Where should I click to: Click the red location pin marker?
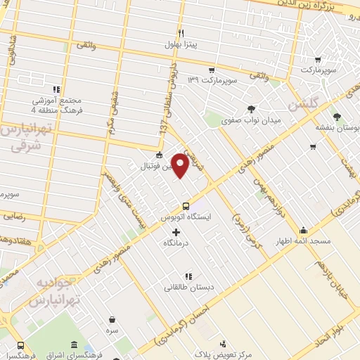point(181,165)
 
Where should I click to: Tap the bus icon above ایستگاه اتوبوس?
point(186,206)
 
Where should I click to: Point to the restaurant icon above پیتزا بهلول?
point(181,33)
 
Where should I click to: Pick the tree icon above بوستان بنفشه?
point(340,116)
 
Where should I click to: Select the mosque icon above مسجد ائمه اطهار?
point(303,229)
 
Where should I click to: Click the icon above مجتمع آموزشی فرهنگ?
point(56,89)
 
